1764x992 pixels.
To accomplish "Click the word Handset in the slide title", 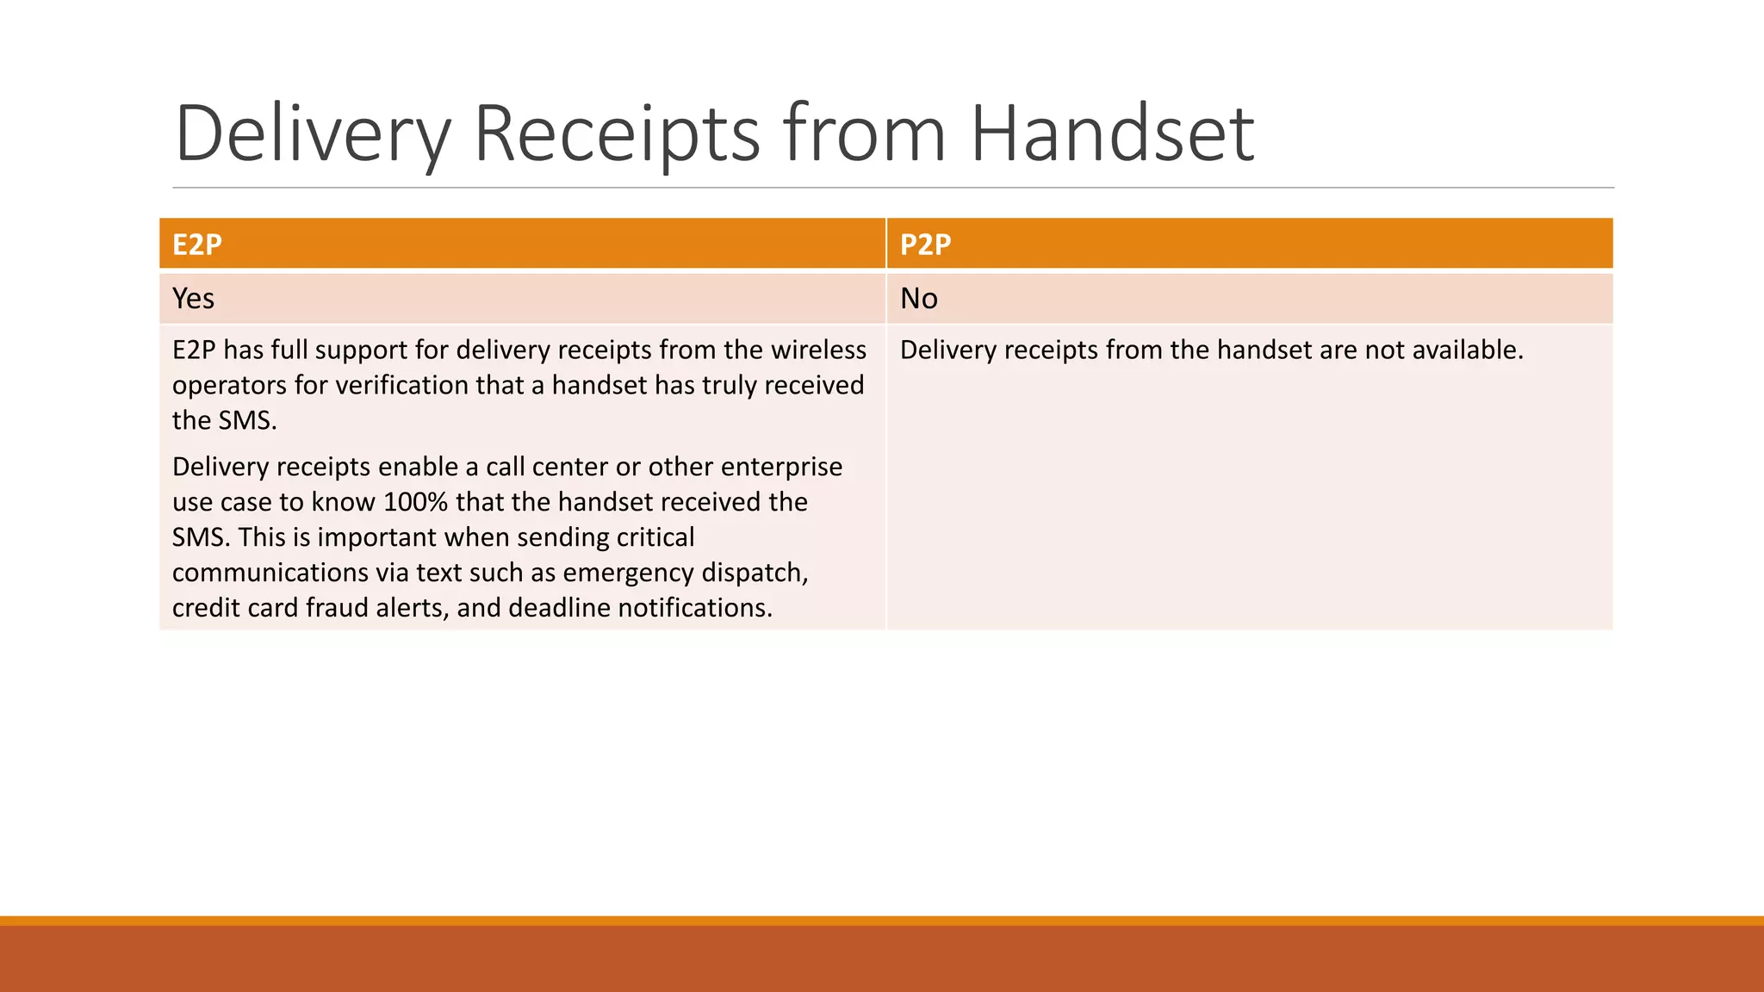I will click(1112, 133).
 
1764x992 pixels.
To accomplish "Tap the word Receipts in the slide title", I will click(617, 133).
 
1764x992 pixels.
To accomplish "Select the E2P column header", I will click(197, 245).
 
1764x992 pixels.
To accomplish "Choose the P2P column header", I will click(925, 245).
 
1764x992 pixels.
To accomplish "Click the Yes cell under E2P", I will click(193, 298).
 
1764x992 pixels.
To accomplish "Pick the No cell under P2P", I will click(918, 298).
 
